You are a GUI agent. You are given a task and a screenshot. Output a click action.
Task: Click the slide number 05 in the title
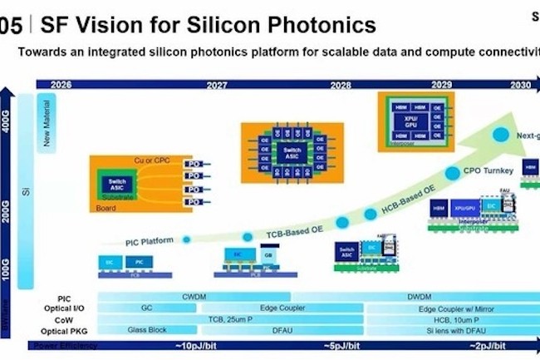[x=11, y=25]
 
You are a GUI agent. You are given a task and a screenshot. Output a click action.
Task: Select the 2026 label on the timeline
[x=61, y=85]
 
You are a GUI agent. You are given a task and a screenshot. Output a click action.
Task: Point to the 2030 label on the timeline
[x=520, y=85]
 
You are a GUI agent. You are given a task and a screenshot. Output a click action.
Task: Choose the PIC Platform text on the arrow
[x=150, y=241]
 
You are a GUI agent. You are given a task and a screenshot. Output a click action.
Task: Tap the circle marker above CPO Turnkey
[x=499, y=133]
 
